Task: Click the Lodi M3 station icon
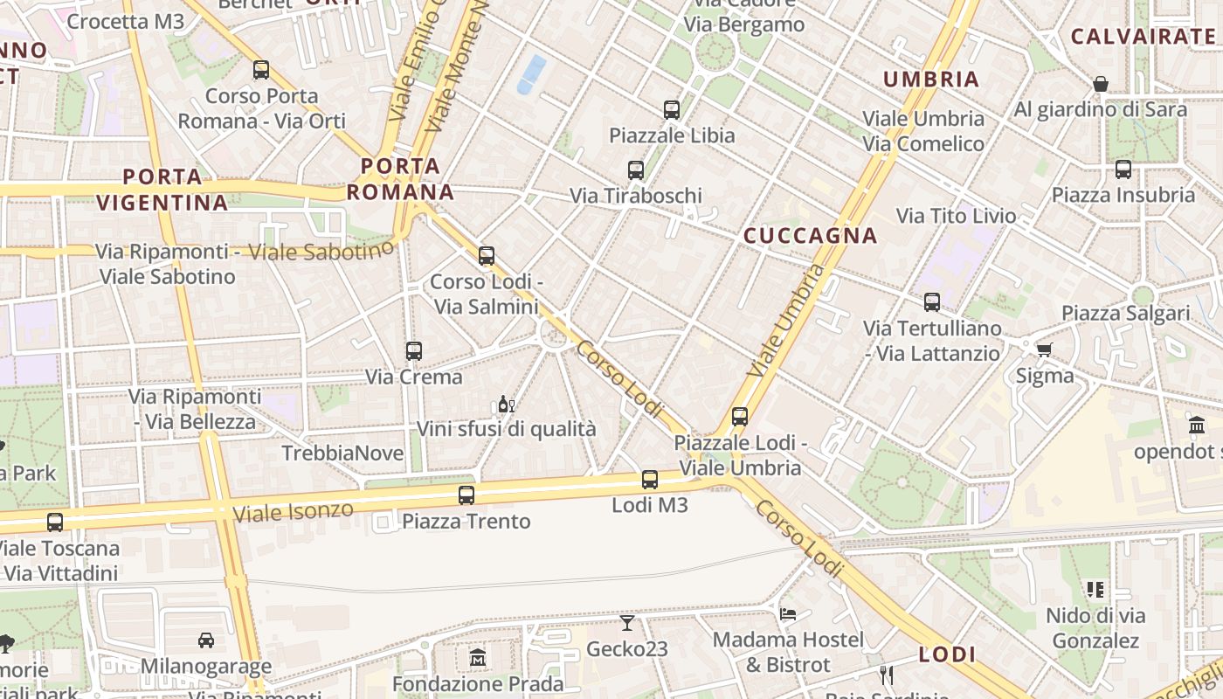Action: pyautogui.click(x=649, y=479)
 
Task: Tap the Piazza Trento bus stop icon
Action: pyautogui.click(x=466, y=495)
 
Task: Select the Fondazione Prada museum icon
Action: pyautogui.click(x=477, y=657)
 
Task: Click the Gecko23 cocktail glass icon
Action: pyautogui.click(x=627, y=623)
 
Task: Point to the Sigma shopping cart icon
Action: pyautogui.click(x=1044, y=350)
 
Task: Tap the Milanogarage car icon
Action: pyautogui.click(x=206, y=640)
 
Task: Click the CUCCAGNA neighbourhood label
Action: pyautogui.click(x=810, y=235)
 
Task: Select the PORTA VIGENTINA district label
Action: pyautogui.click(x=162, y=190)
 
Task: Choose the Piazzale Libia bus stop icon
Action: pyautogui.click(x=671, y=110)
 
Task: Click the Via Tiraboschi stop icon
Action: pyautogui.click(x=635, y=170)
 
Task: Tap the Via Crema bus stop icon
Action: pyautogui.click(x=414, y=351)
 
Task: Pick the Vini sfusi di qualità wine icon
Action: pyautogui.click(x=506, y=404)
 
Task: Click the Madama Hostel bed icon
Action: pyautogui.click(x=787, y=613)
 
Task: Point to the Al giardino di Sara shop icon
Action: pyautogui.click(x=1101, y=84)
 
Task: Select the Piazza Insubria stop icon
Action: pyautogui.click(x=1123, y=170)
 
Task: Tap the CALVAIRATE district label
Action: pyautogui.click(x=1143, y=37)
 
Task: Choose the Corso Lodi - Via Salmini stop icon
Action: pyautogui.click(x=487, y=256)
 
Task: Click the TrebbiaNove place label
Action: pyautogui.click(x=342, y=453)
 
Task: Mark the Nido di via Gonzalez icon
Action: pyautogui.click(x=1095, y=590)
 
